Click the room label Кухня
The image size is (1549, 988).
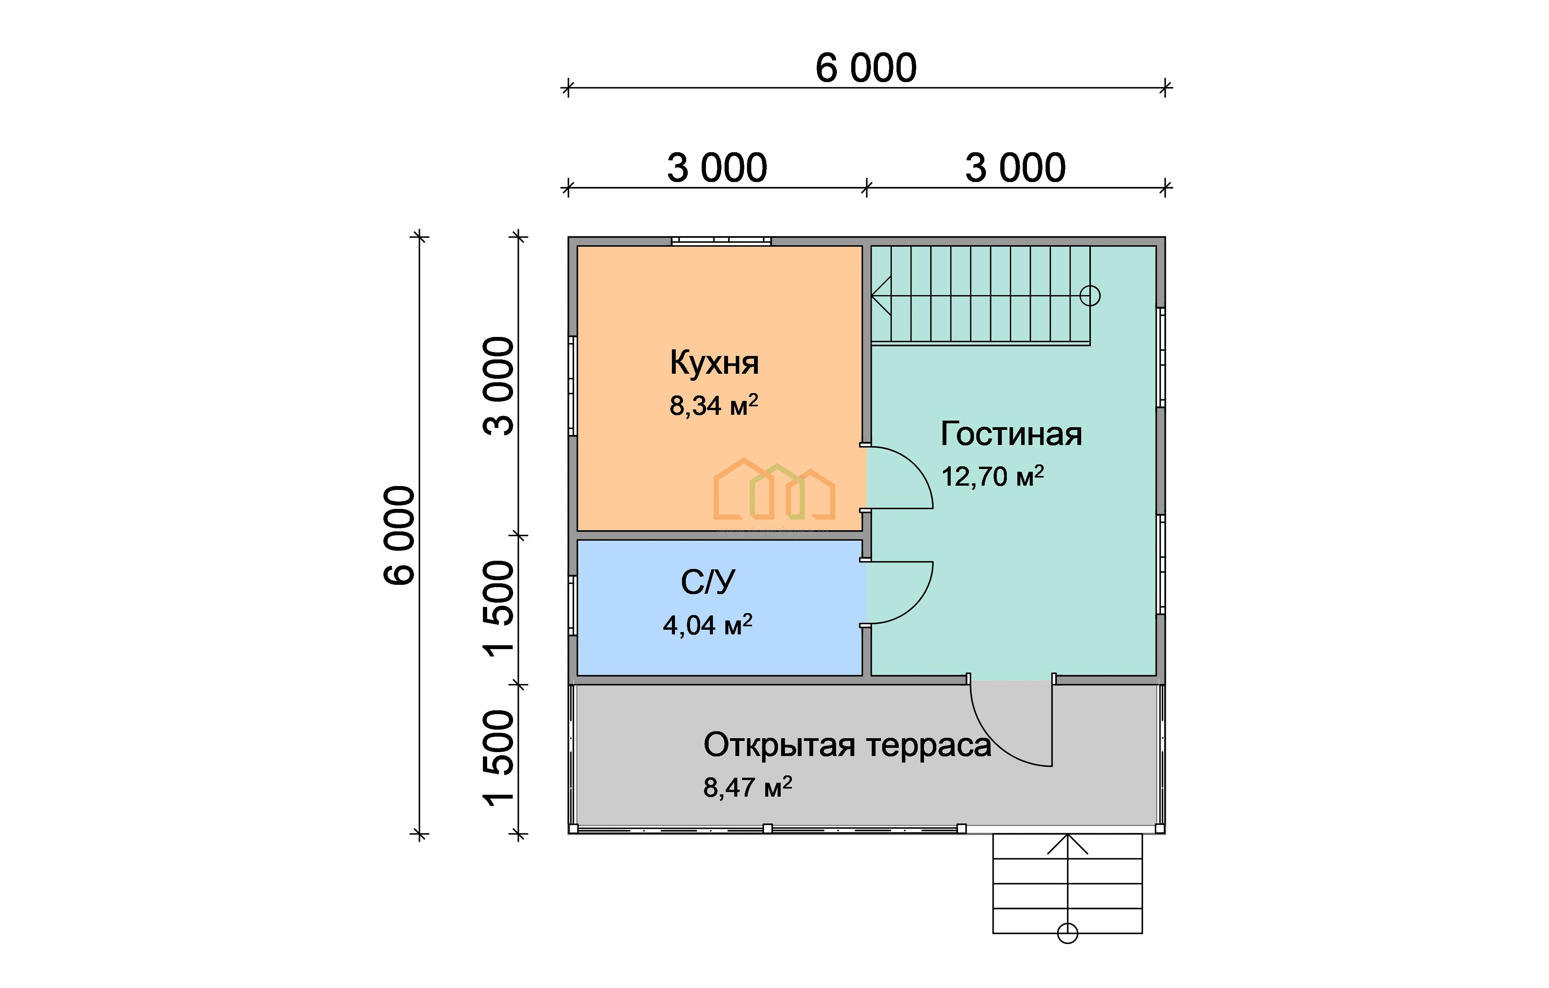pos(714,363)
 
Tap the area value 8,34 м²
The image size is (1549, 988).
pos(714,405)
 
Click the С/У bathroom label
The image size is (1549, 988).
pos(708,583)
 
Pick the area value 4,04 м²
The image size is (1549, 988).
pos(708,625)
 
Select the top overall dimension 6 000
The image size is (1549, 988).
pos(866,68)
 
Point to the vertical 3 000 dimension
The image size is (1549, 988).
pos(498,386)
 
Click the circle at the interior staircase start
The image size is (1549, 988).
pos(1090,296)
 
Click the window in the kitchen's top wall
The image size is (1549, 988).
pos(721,241)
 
